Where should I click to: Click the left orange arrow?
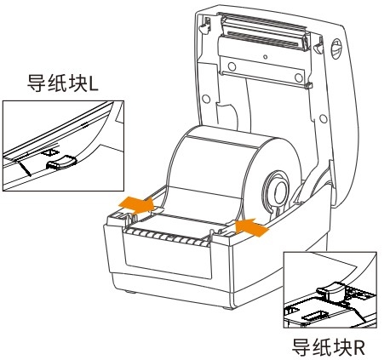(136, 204)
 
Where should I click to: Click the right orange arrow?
(251, 227)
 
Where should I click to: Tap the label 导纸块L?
(63, 83)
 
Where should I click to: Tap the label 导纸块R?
(329, 347)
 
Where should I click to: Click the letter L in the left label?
(94, 84)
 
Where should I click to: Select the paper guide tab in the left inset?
(61, 163)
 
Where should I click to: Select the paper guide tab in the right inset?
(330, 290)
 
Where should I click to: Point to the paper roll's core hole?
(280, 191)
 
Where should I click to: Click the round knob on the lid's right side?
(336, 49)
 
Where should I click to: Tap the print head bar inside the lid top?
(264, 31)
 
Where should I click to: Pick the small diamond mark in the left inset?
(50, 152)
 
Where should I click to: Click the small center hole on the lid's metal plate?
(265, 57)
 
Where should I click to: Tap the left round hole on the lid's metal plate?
(232, 66)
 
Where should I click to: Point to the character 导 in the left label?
(36, 83)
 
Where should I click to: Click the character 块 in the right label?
(341, 347)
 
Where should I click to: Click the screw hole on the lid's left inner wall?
(206, 99)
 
